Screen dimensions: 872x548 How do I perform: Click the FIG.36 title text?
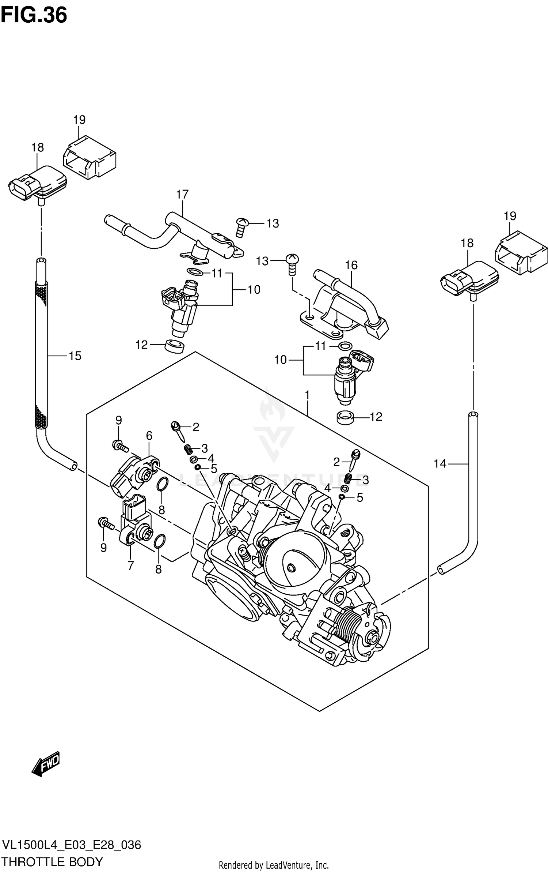click(x=34, y=15)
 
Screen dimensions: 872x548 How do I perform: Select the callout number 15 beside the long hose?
click(x=75, y=356)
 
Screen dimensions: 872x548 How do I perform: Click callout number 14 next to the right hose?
click(x=440, y=464)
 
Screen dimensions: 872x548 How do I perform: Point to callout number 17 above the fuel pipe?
click(x=182, y=194)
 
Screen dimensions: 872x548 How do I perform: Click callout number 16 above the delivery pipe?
click(x=351, y=265)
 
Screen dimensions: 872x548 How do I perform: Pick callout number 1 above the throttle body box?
click(x=307, y=395)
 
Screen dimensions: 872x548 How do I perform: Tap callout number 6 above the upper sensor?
click(x=149, y=436)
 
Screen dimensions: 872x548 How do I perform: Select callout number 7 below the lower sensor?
click(x=130, y=565)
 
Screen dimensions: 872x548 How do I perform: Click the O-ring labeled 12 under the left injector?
click(x=175, y=346)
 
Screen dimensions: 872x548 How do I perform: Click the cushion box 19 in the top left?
click(x=90, y=158)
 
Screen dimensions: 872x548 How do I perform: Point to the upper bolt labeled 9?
click(x=119, y=446)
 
